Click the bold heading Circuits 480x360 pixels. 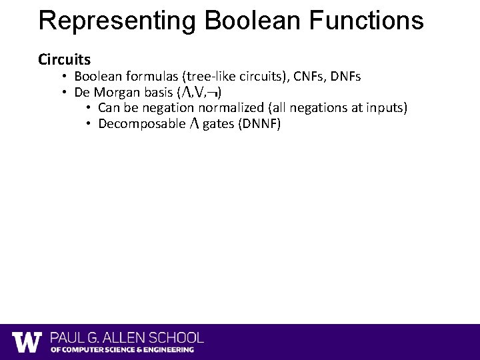65,59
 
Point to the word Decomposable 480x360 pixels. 138,124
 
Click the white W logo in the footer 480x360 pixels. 27,342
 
